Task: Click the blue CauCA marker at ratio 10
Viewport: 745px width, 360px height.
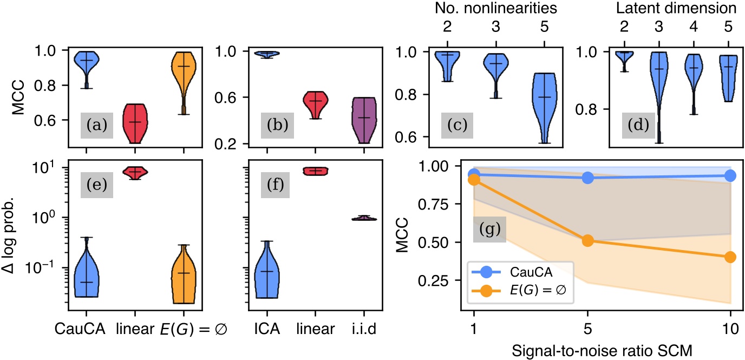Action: click(x=730, y=175)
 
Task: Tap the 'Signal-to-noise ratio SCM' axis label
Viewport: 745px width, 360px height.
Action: click(x=602, y=350)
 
